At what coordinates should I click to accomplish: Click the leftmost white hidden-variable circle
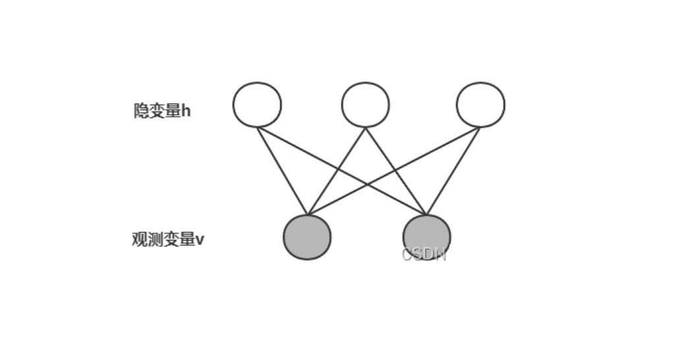click(257, 104)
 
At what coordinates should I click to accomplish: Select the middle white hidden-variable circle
click(365, 104)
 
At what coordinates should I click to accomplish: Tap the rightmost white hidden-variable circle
click(481, 104)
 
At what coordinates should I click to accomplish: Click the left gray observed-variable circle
click(307, 237)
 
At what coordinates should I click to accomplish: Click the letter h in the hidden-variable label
click(186, 111)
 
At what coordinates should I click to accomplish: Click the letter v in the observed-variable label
click(200, 239)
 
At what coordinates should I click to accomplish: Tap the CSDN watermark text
click(424, 255)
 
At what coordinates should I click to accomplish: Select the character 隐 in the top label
click(141, 111)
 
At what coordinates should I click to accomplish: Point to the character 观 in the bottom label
click(139, 239)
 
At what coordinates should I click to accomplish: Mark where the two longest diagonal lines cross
click(367, 184)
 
